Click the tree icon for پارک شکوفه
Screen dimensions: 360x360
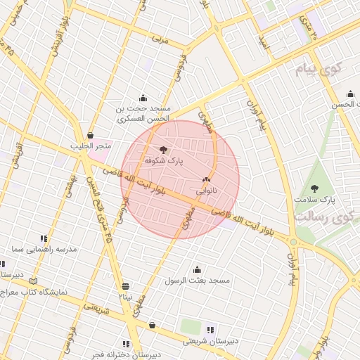click(x=164, y=149)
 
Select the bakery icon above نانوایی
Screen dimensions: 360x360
click(x=206, y=179)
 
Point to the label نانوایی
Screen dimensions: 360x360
click(x=206, y=190)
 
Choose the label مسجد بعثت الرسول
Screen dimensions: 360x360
click(x=197, y=281)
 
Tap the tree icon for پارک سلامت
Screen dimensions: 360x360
click(x=314, y=188)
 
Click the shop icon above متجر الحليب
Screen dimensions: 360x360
click(x=90, y=135)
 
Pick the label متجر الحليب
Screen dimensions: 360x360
click(x=91, y=146)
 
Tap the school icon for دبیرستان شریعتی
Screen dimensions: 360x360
click(x=210, y=330)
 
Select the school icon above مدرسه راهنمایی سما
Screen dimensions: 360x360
click(x=44, y=238)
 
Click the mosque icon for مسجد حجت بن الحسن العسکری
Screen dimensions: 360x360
click(x=143, y=98)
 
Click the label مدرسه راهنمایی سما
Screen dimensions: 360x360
click(x=44, y=250)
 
